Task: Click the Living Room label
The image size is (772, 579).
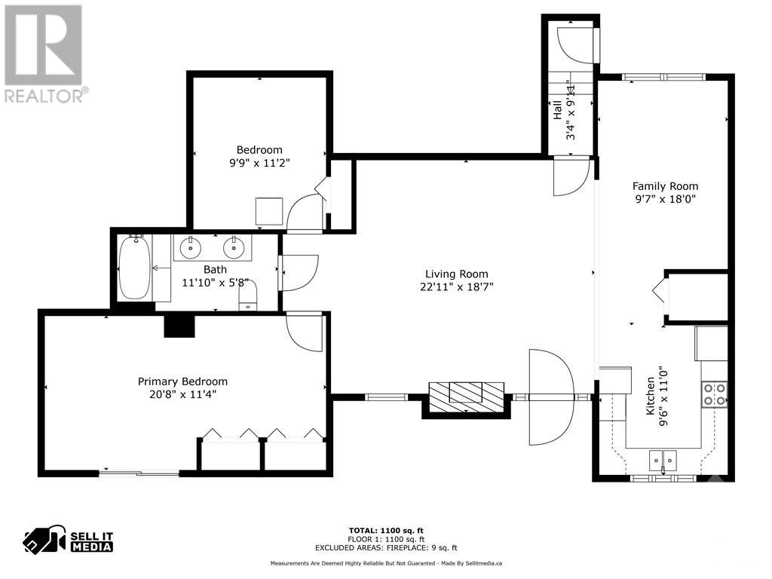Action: tap(456, 274)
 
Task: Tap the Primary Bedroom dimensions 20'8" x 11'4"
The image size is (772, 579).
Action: tap(182, 394)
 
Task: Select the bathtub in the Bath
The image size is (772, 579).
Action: tap(135, 268)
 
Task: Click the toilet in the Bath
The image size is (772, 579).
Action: tap(248, 296)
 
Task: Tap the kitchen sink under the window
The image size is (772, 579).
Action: tap(663, 460)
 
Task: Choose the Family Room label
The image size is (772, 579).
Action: tap(665, 186)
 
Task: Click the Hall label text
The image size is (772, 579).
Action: tap(557, 110)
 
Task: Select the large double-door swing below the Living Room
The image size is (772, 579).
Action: tap(552, 397)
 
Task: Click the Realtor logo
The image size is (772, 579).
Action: tap(44, 54)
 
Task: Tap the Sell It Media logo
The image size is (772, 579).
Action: tap(69, 541)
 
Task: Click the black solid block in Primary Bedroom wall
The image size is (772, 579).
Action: tap(179, 325)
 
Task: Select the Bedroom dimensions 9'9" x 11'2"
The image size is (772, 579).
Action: tap(259, 162)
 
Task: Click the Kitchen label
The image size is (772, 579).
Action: tap(651, 397)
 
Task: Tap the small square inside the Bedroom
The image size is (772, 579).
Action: tap(268, 211)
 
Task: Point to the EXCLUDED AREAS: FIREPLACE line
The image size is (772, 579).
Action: tap(385, 548)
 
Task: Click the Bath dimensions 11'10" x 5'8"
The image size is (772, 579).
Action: tap(214, 283)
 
